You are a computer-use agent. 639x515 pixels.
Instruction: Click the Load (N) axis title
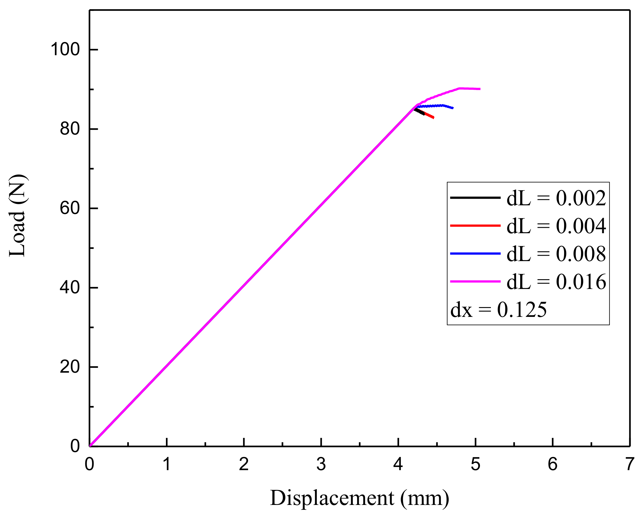pos(17,215)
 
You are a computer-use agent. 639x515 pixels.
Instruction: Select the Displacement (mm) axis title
pos(359,498)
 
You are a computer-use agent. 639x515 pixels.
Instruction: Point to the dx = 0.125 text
pos(498,310)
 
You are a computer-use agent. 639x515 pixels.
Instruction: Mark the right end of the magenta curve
pos(480,89)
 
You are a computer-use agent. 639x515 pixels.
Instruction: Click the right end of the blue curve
pos(453,108)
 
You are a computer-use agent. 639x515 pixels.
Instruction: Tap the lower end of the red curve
pos(433,118)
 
